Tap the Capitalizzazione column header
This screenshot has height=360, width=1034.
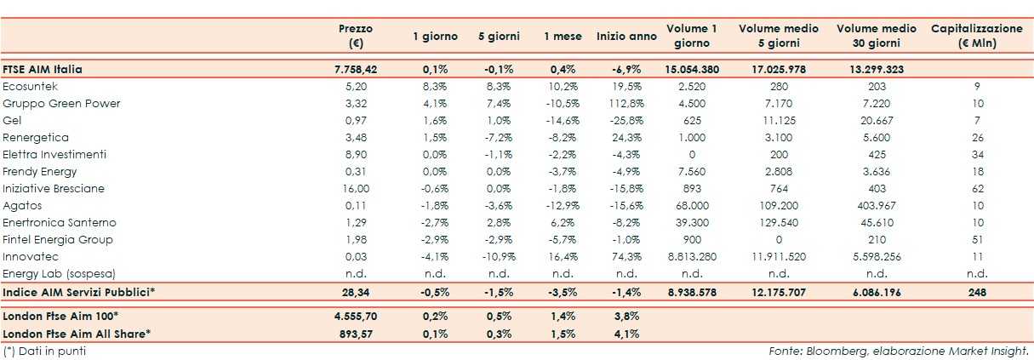tap(977, 36)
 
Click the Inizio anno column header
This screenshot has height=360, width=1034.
tap(626, 37)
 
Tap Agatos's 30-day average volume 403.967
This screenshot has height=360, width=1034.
tap(876, 205)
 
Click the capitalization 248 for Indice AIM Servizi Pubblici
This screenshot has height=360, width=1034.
tap(977, 292)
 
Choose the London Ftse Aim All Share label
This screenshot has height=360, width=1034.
tap(77, 333)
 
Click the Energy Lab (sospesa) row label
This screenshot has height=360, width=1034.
tap(59, 273)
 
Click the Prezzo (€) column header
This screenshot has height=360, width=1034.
tap(355, 36)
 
